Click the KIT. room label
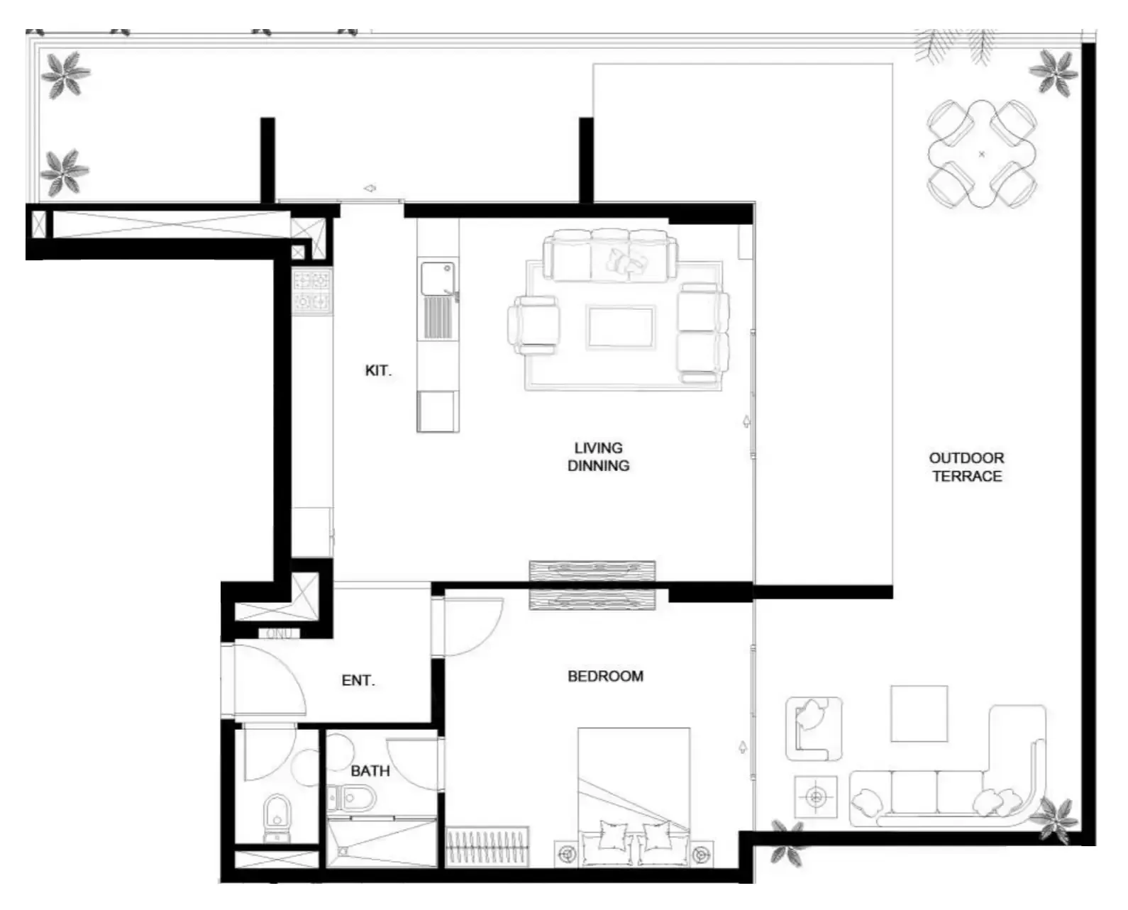(x=378, y=371)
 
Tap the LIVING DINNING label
(x=598, y=457)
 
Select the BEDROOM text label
(x=605, y=676)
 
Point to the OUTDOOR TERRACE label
(x=966, y=467)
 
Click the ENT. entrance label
(x=358, y=680)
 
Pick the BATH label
(x=370, y=771)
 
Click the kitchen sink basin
(x=437, y=278)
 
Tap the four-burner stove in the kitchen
(x=312, y=292)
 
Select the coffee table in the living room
(x=621, y=327)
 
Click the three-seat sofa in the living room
(x=610, y=255)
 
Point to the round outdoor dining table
(x=982, y=154)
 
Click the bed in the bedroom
(x=634, y=797)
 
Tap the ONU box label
(x=279, y=634)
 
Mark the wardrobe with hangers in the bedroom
(x=487, y=847)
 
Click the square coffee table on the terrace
(x=919, y=714)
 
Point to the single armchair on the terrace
(x=814, y=728)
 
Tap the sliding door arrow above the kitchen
(x=370, y=188)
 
